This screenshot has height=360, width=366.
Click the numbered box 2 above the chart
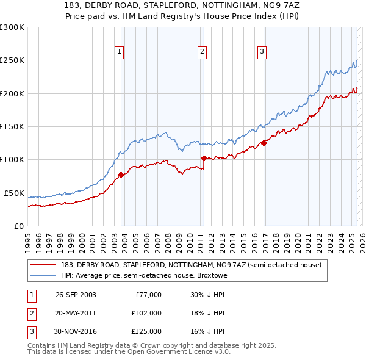click(x=201, y=52)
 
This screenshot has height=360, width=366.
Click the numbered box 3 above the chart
click(x=261, y=52)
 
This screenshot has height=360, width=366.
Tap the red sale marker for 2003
click(x=121, y=175)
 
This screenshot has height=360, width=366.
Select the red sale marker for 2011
click(x=203, y=158)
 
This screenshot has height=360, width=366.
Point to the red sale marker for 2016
click(x=264, y=143)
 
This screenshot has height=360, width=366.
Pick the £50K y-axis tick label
click(x=14, y=193)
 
